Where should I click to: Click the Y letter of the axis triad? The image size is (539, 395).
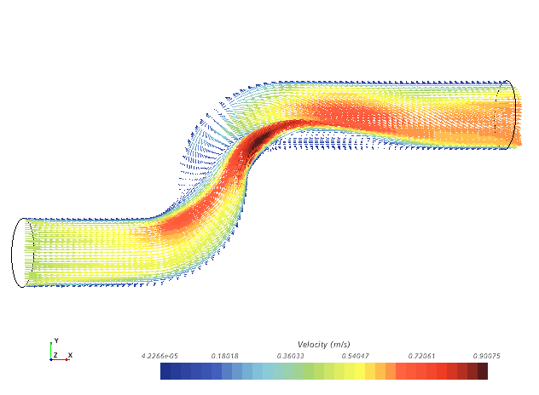tap(56, 341)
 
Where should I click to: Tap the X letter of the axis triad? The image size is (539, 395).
tap(70, 355)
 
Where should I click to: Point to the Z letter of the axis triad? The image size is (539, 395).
tap(55, 355)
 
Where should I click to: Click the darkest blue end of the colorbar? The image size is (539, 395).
tap(165, 371)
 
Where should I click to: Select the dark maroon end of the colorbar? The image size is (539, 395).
tap(483, 371)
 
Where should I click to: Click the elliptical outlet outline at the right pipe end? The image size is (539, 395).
tap(512, 115)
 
